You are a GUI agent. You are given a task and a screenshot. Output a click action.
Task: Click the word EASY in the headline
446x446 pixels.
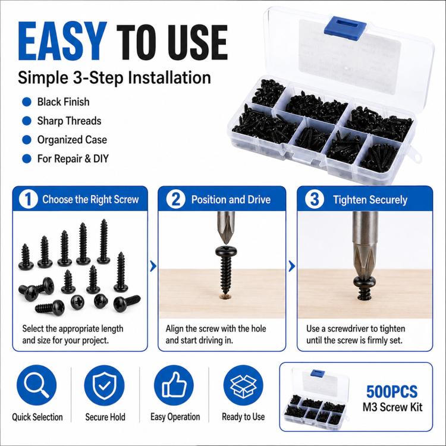pyautogui.click(x=60, y=41)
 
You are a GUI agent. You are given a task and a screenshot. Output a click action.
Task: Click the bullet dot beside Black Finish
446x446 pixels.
pyautogui.click(x=26, y=102)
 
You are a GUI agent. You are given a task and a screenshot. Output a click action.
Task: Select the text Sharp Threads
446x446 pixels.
pyautogui.click(x=69, y=121)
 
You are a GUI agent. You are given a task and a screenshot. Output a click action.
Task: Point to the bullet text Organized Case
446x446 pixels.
pyautogui.click(x=72, y=140)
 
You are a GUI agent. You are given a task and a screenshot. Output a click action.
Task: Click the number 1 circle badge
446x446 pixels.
pyautogui.click(x=28, y=199)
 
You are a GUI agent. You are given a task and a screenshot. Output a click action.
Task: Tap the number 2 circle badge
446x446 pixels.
pyautogui.click(x=175, y=199)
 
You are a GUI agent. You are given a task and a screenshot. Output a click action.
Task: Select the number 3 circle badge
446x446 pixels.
pyautogui.click(x=315, y=199)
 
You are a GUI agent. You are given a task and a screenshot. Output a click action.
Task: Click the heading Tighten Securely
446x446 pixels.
pyautogui.click(x=370, y=200)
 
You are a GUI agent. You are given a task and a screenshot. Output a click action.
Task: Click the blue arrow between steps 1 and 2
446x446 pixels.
pyautogui.click(x=153, y=266)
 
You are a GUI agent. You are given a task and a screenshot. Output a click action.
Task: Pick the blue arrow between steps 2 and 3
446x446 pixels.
pyautogui.click(x=292, y=266)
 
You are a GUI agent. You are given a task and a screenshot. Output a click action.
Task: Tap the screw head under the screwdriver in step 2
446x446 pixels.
pyautogui.click(x=226, y=251)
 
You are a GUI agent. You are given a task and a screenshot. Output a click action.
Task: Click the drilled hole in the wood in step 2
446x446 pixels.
pyautogui.click(x=226, y=297)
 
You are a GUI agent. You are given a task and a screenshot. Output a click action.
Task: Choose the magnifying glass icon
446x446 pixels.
pyautogui.click(x=36, y=385)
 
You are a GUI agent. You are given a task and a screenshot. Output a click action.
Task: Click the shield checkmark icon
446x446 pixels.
pyautogui.click(x=105, y=385)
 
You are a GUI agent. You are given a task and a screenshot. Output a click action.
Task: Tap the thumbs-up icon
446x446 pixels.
pyautogui.click(x=174, y=385)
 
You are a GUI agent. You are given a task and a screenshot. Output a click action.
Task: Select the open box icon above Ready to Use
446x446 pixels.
pyautogui.click(x=243, y=385)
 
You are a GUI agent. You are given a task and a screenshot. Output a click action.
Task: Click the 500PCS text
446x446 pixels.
pyautogui.click(x=392, y=391)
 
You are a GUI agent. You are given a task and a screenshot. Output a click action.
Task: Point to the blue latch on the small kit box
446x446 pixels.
pyautogui.click(x=318, y=373)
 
